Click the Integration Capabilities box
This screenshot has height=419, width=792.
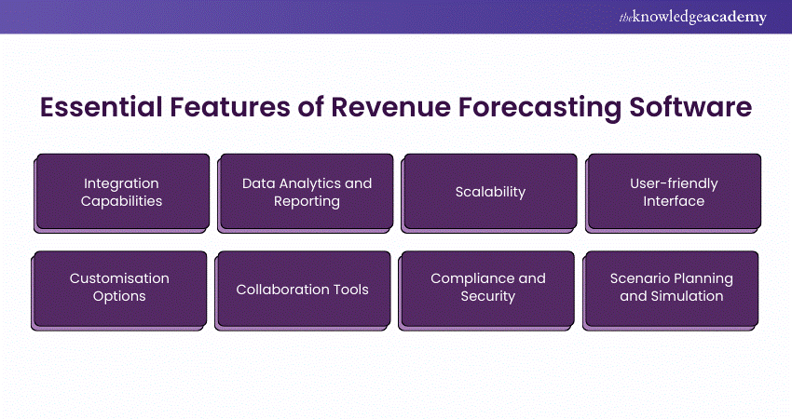pos(122,192)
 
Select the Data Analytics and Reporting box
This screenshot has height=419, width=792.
pos(306,192)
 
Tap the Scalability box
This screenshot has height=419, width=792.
pos(490,192)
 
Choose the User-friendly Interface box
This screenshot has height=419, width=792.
pos(674,192)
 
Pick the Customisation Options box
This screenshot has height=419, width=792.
pos(120,288)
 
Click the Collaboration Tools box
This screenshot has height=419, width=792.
pos(303,289)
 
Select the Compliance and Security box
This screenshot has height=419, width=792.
pos(487,288)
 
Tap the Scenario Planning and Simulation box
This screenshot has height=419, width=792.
pos(672,288)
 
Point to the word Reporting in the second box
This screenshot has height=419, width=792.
pos(306,201)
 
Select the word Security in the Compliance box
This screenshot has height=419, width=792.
pos(487,297)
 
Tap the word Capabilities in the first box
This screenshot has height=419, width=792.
pos(121,201)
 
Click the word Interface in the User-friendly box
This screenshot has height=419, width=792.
pos(674,201)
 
